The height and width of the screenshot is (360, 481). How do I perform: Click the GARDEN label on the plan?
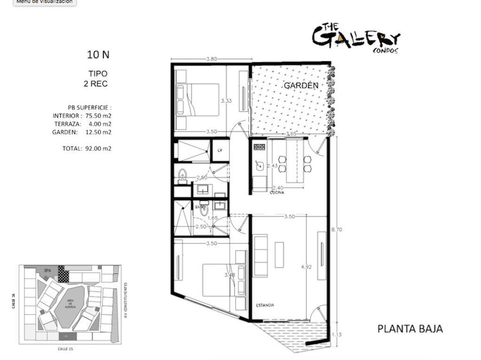(301, 86)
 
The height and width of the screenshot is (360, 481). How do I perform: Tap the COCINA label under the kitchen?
(277, 192)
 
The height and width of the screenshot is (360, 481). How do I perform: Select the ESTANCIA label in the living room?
(265, 305)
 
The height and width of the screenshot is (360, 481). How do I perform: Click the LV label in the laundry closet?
(220, 150)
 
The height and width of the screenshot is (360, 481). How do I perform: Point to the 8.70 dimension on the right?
(337, 229)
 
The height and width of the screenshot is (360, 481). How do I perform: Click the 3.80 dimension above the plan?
(211, 59)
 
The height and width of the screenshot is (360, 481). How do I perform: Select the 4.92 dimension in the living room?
(306, 267)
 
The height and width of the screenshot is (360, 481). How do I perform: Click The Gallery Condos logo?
(356, 39)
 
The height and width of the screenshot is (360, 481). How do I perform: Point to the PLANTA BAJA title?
(410, 329)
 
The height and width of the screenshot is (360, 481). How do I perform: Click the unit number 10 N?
(98, 55)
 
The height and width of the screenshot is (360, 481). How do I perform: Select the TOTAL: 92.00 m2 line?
(87, 149)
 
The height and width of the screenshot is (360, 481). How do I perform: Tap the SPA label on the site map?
(47, 271)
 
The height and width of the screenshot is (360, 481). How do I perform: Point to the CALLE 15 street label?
(65, 349)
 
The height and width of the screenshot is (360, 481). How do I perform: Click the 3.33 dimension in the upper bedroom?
(226, 101)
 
